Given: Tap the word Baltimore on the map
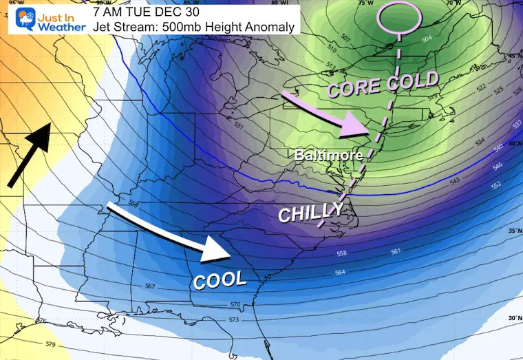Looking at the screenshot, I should click(329, 156).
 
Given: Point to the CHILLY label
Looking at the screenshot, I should click(310, 213).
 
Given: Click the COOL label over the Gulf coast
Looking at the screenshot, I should click(220, 279).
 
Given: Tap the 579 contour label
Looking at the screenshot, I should click(49, 343).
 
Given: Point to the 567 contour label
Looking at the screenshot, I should click(150, 286).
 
